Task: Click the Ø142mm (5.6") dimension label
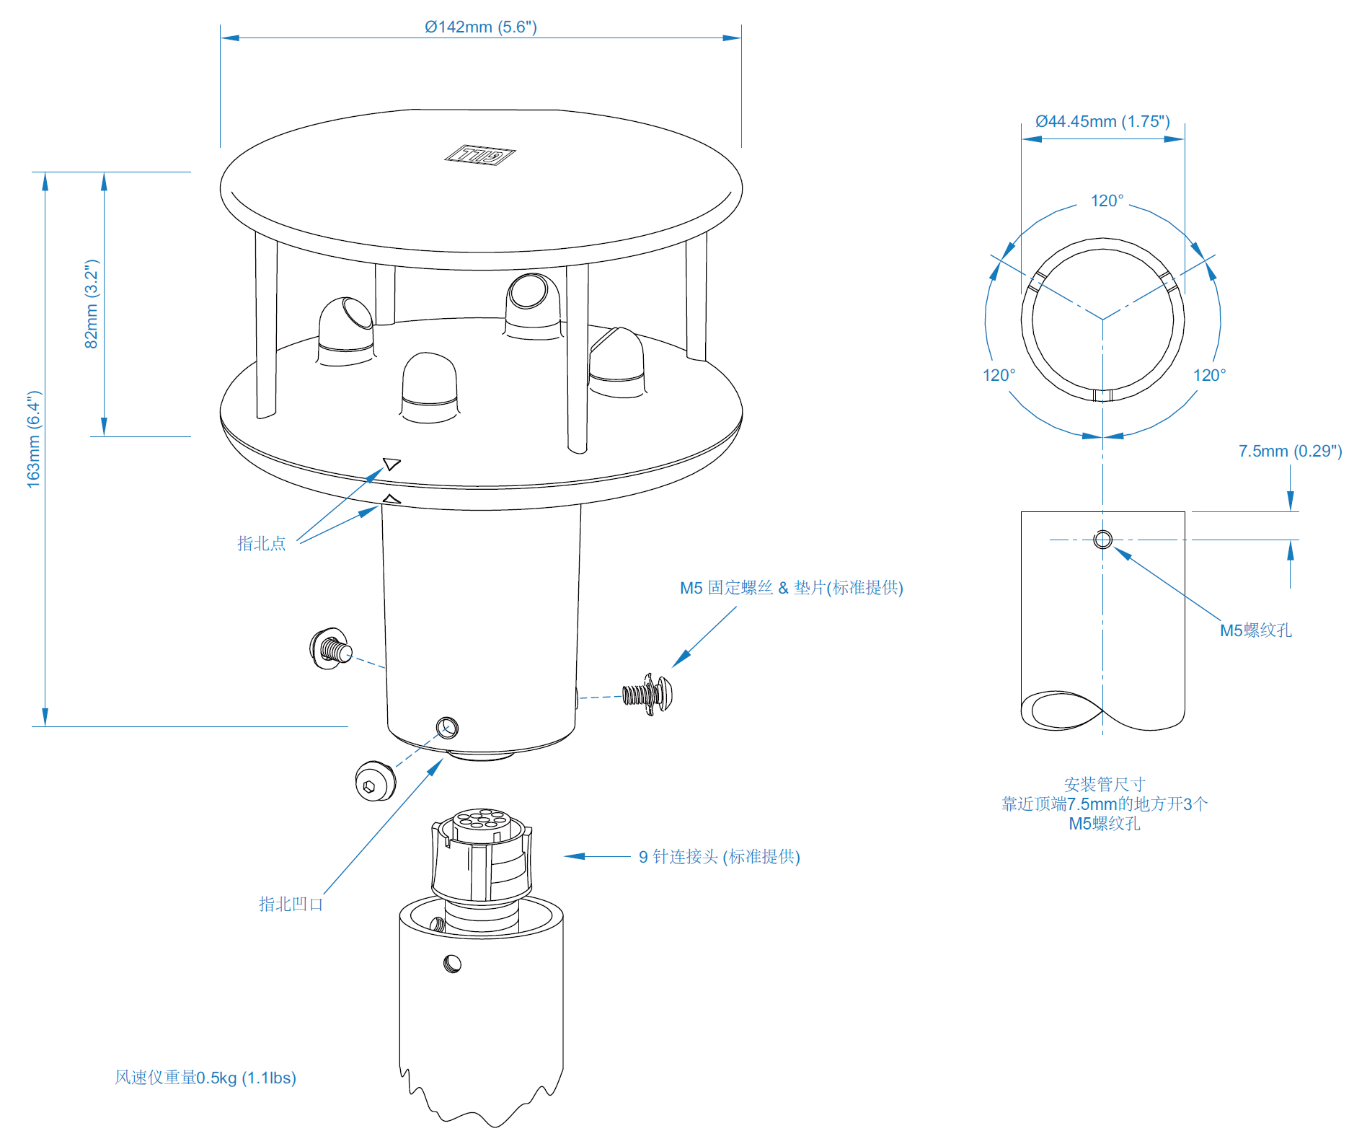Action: (480, 27)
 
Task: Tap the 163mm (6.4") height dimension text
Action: (34, 439)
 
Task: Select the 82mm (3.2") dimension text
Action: (92, 304)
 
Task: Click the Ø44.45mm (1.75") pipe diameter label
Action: (1102, 121)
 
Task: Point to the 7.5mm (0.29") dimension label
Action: (1290, 451)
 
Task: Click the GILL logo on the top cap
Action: (479, 154)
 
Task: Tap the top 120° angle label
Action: (1107, 201)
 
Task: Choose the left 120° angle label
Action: (999, 375)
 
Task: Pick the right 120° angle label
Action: (1209, 375)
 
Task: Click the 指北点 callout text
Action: (262, 543)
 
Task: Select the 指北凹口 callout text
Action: (291, 904)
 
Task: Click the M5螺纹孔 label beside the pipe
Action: (1255, 630)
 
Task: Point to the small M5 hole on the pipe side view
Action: (1102, 540)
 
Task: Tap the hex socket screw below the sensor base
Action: (375, 781)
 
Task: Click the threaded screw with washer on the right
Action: (648, 694)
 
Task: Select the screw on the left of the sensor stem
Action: (330, 648)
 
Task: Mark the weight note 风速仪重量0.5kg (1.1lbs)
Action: (205, 1078)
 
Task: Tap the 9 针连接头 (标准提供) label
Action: (719, 856)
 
